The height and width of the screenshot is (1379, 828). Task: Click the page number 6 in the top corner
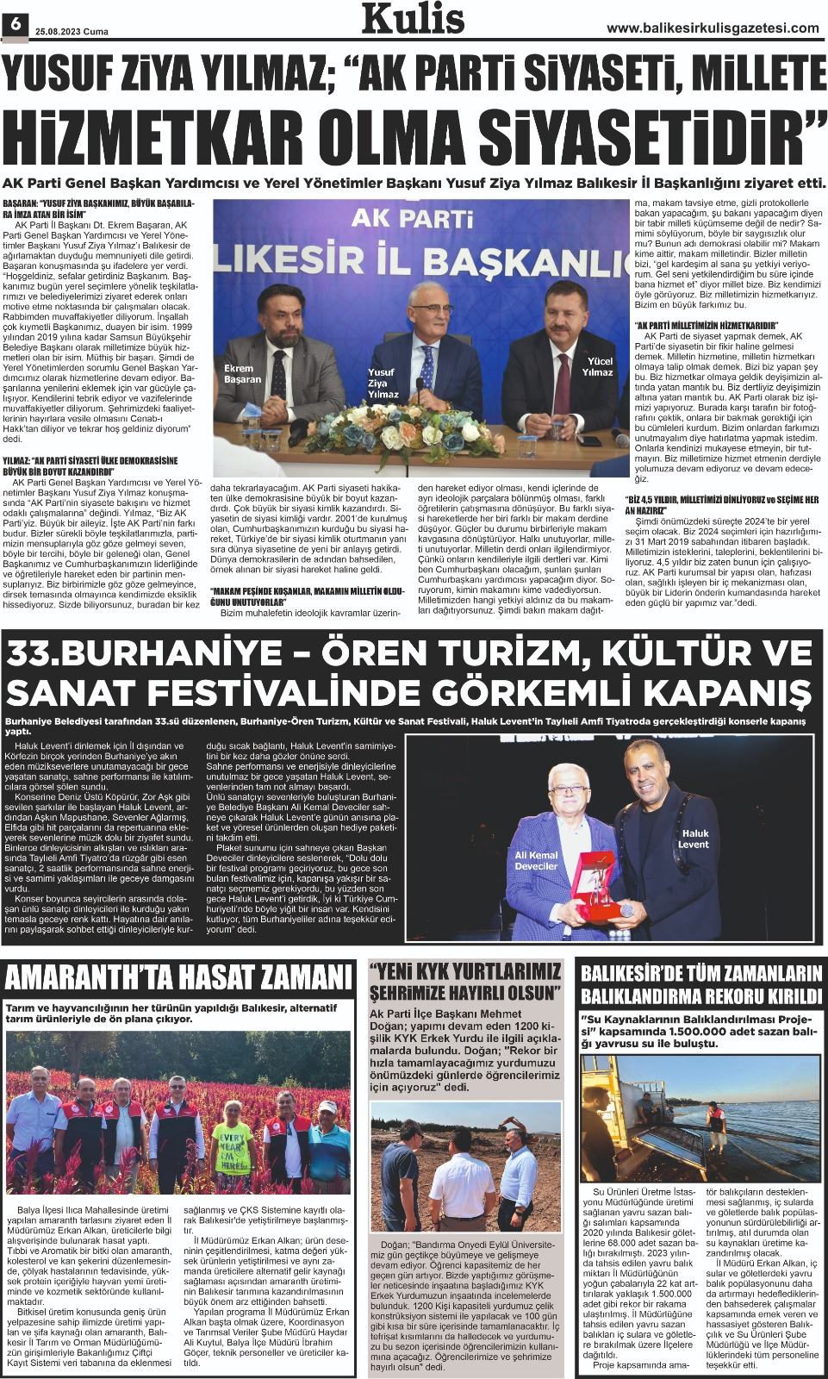(15, 26)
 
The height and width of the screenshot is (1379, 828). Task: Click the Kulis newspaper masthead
(413, 20)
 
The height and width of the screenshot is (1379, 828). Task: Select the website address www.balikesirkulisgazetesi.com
(713, 28)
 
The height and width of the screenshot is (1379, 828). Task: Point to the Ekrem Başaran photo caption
(242, 373)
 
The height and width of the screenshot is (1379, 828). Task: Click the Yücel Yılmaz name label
(597, 366)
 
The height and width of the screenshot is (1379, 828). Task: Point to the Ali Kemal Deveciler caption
(536, 860)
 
